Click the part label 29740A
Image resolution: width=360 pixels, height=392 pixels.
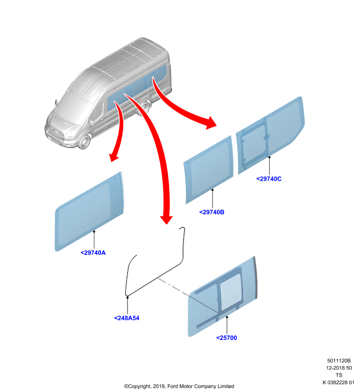tap(93, 253)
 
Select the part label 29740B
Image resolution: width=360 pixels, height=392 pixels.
tap(212, 212)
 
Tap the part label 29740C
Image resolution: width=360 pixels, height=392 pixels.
tap(269, 179)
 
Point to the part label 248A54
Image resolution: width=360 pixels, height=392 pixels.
tap(127, 318)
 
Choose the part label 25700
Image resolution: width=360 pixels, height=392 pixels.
tap(227, 338)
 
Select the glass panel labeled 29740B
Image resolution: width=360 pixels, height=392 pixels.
tap(209, 170)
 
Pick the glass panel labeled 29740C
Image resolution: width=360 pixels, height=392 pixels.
tap(270, 135)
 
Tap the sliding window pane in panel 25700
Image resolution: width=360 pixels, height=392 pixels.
tap(231, 291)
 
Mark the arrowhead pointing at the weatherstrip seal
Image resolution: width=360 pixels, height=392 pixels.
tap(166, 220)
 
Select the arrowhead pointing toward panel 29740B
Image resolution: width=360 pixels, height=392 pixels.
tap(210, 123)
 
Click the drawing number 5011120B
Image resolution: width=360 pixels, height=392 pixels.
tap(339, 361)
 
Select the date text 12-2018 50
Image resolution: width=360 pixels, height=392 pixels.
tap(339, 368)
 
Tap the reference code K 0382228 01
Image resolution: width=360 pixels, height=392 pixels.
tap(338, 382)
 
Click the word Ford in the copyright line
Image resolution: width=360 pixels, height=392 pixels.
tap(173, 386)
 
